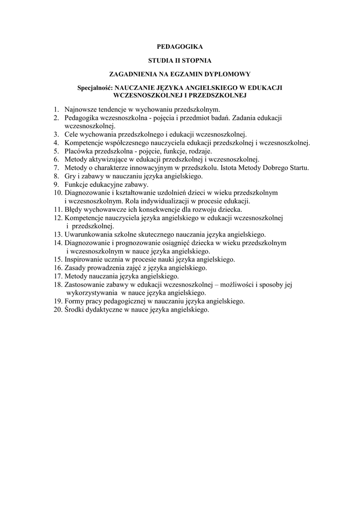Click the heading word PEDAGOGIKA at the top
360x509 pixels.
(180, 47)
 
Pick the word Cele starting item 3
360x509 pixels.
(72, 134)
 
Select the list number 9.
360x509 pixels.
(57, 184)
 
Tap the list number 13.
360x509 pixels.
(56, 235)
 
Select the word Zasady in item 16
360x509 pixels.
(75, 268)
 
